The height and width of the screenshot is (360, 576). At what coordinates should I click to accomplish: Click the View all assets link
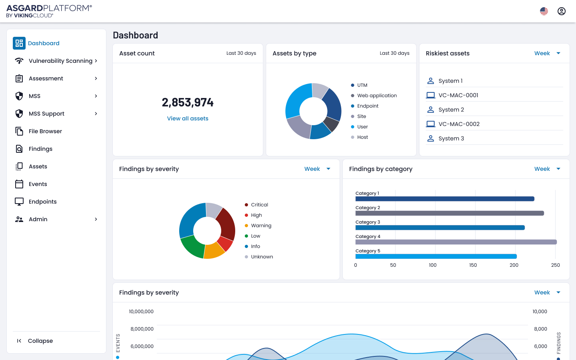188,118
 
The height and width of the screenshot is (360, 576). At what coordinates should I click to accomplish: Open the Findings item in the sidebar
40,149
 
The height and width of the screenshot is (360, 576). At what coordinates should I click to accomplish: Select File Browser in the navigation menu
45,131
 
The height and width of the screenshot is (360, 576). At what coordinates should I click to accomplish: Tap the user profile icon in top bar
562,11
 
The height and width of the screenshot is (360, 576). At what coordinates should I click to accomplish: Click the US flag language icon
544,11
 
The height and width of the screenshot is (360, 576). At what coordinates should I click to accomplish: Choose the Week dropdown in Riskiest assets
547,53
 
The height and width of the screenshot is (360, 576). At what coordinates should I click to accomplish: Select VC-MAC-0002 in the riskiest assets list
459,124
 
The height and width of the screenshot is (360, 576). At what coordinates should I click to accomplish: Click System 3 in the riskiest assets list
451,138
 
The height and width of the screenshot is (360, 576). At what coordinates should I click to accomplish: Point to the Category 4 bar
456,242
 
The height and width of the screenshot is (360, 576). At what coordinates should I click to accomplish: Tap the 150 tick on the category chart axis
473,265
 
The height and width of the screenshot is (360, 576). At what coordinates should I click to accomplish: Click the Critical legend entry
259,205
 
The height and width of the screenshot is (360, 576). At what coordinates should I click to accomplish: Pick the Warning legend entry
261,226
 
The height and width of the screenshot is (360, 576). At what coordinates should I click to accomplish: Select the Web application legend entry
377,96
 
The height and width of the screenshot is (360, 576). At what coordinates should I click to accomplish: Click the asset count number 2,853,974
188,102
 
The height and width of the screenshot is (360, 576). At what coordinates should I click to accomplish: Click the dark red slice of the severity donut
226,223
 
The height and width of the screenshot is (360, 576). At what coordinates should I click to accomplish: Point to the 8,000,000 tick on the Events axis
142,329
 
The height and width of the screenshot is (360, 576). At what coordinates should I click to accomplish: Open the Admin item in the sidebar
38,219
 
